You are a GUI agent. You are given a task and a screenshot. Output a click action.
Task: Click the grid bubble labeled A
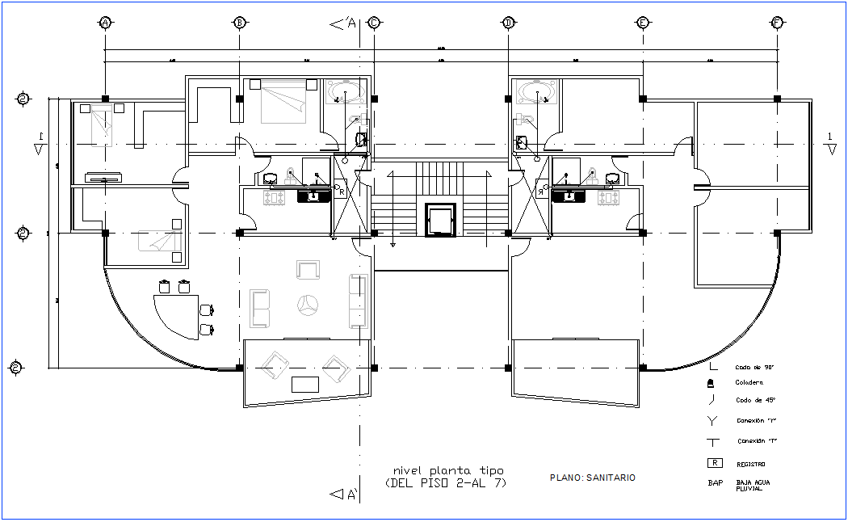[104, 23]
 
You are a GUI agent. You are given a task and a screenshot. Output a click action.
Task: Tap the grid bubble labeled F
[777, 23]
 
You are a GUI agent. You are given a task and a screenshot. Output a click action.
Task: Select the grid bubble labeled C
[374, 23]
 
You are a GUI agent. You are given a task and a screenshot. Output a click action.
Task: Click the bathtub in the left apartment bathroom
[346, 93]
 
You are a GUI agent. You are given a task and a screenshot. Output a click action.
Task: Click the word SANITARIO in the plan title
[611, 478]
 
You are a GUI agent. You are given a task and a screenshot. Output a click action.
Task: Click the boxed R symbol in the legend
[714, 463]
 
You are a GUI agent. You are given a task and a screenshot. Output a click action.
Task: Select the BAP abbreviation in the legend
[715, 483]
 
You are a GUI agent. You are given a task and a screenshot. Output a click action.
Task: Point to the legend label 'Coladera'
[749, 382]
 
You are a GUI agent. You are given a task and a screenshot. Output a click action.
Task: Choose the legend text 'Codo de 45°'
[754, 400]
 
